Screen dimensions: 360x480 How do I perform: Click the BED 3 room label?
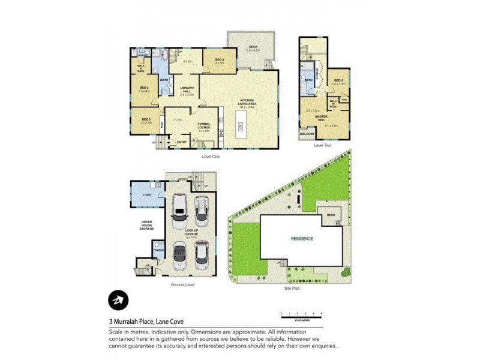146,119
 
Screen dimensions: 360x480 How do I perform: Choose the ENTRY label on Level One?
181,142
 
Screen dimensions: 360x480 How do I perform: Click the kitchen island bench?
241,127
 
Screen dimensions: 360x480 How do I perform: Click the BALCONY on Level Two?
307,134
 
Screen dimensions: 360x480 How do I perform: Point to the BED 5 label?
338,80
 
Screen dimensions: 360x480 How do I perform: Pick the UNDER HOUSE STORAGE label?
146,225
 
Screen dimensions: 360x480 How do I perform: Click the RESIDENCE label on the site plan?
302,238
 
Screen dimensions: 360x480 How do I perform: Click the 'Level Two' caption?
323,145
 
